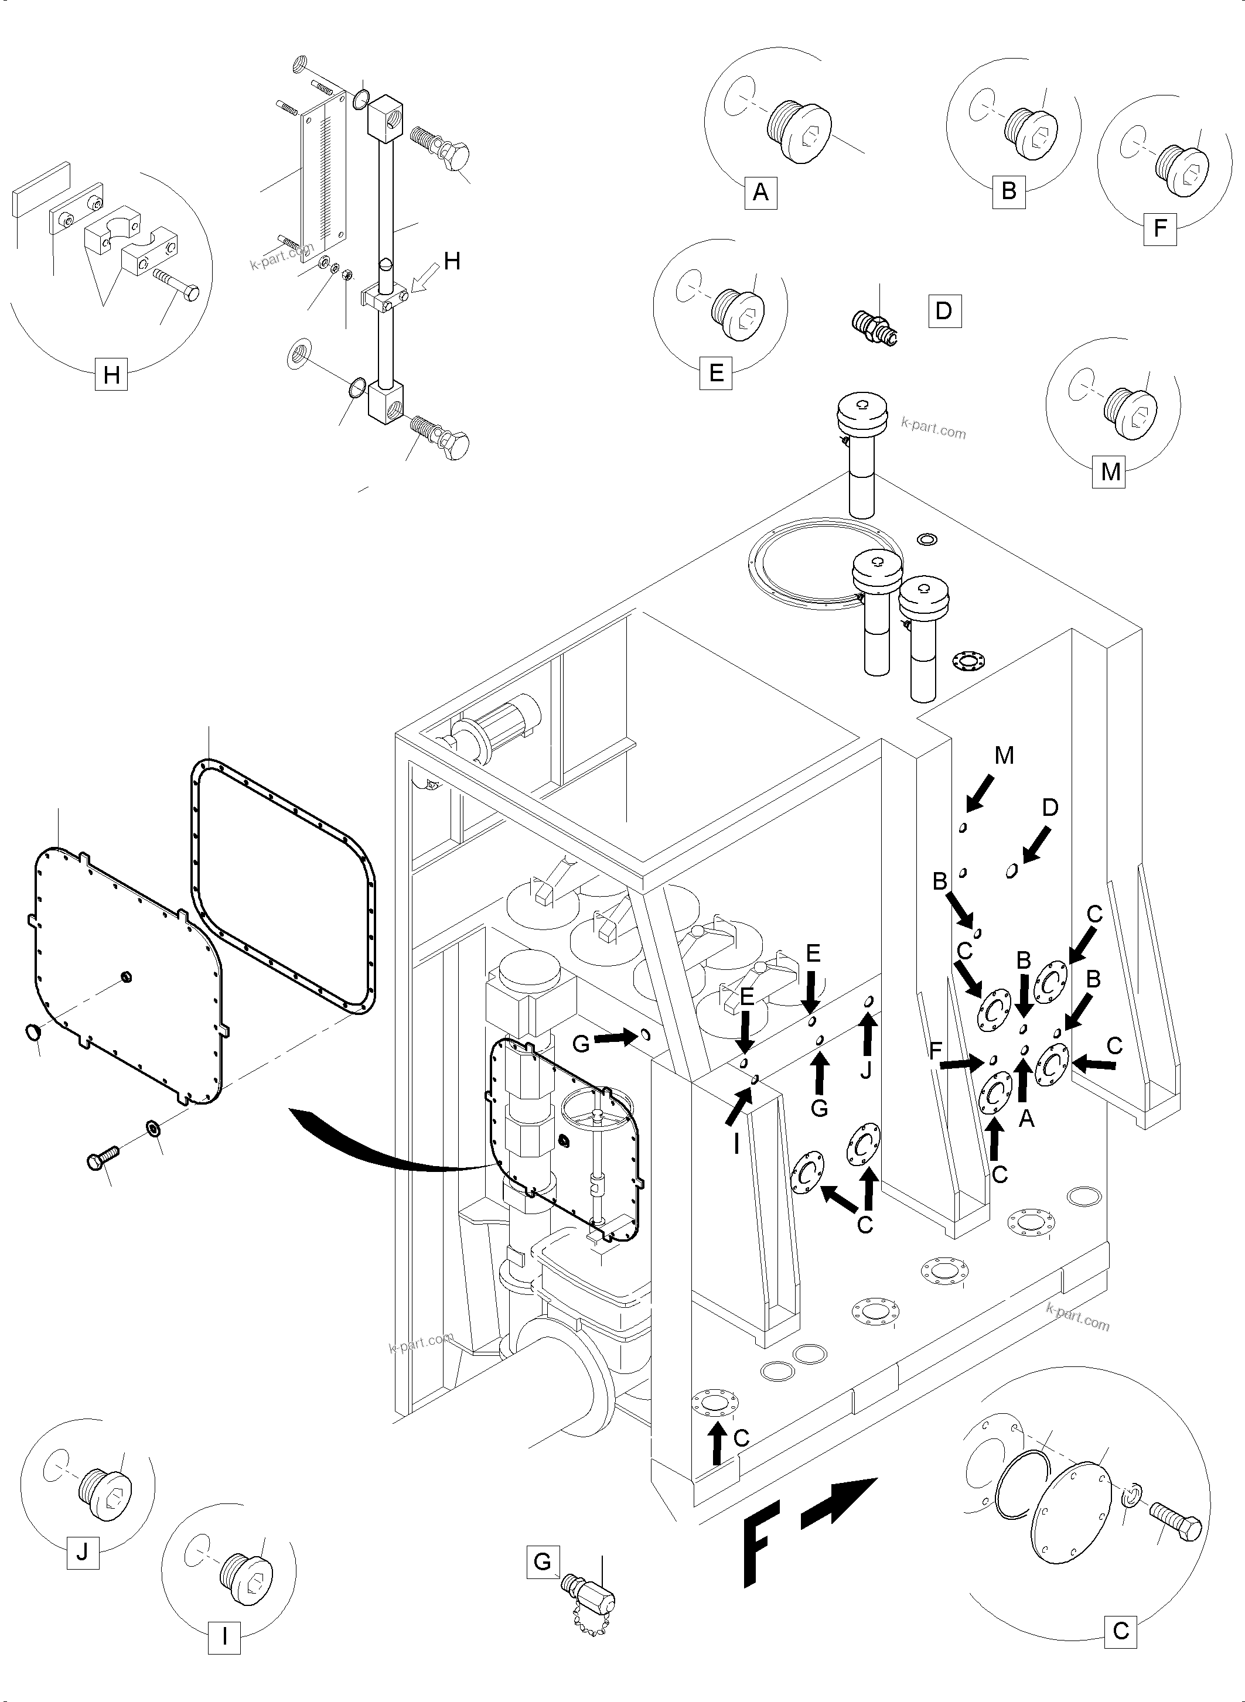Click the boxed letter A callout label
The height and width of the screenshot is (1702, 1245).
coord(760,192)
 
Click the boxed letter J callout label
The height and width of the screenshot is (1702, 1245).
coord(83,1552)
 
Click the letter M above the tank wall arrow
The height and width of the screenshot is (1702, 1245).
coord(1004,755)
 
